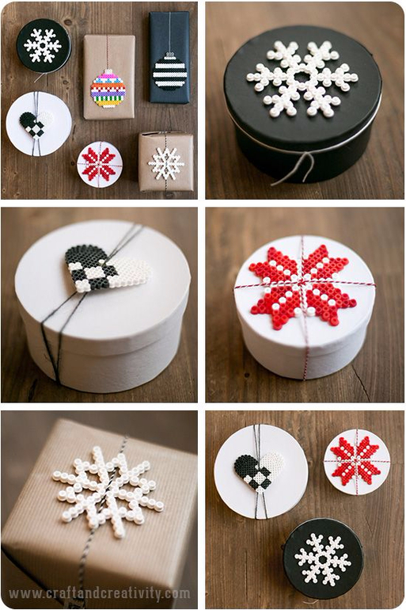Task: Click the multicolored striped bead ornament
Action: pos(108,89)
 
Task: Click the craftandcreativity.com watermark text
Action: pos(100,593)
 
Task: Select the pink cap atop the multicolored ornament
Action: pos(108,72)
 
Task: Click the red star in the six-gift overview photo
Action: pos(100,164)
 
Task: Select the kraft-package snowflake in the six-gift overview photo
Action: pos(167,163)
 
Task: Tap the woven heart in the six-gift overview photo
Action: pos(35,124)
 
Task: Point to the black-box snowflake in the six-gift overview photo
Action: pos(43,45)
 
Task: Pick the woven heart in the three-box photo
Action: pos(258,471)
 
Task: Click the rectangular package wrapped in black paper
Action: pos(170,57)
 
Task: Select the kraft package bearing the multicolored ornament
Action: pos(109,77)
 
